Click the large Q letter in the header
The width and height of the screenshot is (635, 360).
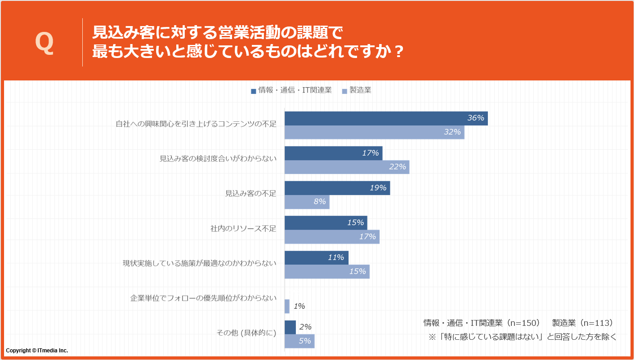45,43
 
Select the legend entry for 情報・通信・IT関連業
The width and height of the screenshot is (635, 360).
291,90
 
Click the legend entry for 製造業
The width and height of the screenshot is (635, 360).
357,90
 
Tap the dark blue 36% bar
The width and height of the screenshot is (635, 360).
386,118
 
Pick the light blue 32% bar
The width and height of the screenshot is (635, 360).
374,132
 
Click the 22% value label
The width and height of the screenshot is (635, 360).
398,167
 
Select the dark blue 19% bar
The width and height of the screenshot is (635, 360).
337,188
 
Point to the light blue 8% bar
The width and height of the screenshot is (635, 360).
307,202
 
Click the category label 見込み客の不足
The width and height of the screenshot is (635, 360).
250,194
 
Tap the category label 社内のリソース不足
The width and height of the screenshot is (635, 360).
243,228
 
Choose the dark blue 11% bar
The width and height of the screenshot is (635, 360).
316,258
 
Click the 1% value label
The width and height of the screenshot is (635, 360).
299,307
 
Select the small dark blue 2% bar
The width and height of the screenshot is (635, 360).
290,327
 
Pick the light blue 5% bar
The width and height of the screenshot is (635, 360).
300,341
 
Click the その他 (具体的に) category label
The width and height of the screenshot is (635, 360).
246,333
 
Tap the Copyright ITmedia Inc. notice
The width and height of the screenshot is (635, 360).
37,350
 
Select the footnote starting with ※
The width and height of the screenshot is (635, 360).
522,337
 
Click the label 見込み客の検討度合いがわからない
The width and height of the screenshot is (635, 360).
218,159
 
